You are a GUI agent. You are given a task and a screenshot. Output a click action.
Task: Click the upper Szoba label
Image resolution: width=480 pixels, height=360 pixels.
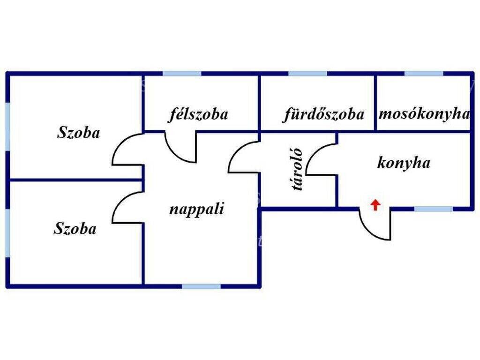tap(78, 133)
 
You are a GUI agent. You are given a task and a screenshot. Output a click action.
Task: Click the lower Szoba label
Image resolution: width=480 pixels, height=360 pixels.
tap(75, 228)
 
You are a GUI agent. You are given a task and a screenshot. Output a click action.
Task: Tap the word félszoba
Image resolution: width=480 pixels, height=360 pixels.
tap(198, 114)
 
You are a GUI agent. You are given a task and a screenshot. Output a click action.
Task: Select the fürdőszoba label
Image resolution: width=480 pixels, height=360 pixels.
tap(323, 114)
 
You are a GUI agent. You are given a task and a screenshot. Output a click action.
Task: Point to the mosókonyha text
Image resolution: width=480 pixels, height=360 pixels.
tap(424, 114)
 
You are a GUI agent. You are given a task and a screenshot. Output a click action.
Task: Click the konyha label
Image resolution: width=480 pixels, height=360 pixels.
tap(404, 163)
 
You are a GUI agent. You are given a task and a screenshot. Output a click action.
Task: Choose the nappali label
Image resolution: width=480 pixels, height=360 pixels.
tap(196, 209)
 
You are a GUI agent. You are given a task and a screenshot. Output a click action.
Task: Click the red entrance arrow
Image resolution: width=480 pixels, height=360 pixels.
tap(375, 205)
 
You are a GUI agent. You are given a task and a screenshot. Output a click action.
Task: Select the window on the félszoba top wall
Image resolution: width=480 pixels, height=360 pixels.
tap(182, 74)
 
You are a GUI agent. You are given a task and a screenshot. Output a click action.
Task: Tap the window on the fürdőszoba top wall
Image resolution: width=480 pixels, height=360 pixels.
tap(307, 74)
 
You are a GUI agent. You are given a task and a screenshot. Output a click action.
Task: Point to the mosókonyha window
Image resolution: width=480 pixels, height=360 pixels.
tap(424, 74)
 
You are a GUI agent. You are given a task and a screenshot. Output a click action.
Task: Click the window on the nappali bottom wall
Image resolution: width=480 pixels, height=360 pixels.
tap(202, 286)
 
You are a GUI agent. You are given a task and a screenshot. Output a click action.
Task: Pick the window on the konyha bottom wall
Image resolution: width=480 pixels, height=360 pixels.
tap(434, 209)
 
